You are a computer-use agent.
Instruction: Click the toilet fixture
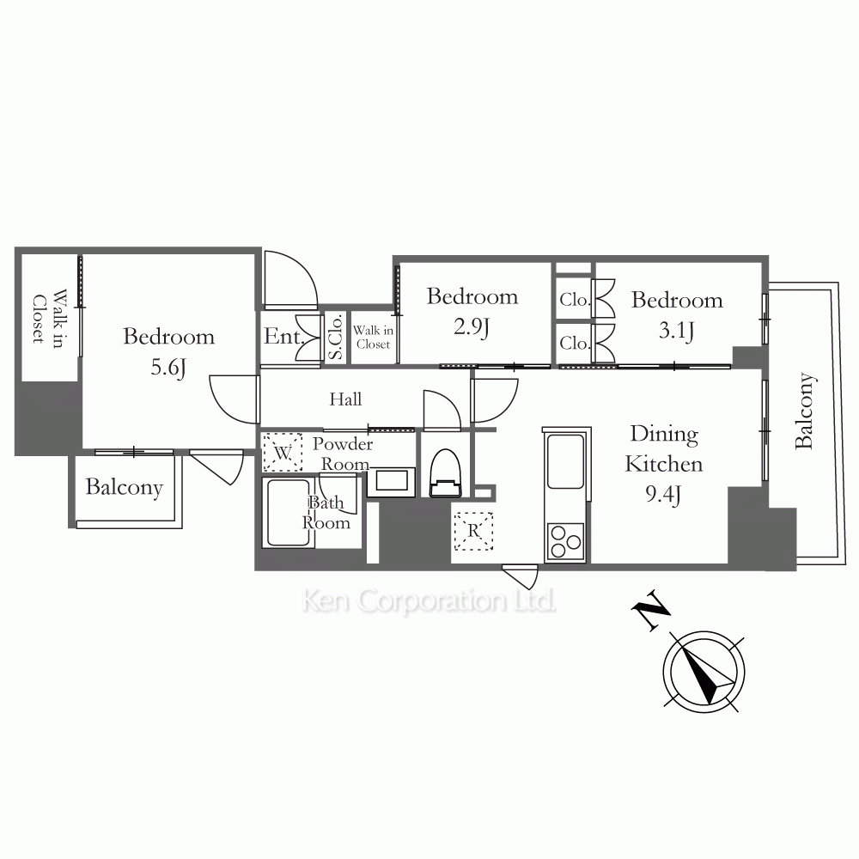(x=445, y=472)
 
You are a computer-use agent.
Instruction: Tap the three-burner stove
(x=565, y=542)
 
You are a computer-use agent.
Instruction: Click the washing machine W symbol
(x=282, y=453)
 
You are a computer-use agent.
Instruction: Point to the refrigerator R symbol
(x=473, y=531)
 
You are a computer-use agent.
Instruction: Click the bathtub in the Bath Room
(x=288, y=513)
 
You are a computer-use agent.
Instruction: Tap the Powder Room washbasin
(x=391, y=482)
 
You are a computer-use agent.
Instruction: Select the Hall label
(x=345, y=399)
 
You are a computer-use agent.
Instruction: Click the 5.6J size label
(x=168, y=368)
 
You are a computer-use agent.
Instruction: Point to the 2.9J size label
(x=471, y=327)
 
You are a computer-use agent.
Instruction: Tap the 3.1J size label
(x=676, y=331)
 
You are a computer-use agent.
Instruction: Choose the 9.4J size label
(x=663, y=495)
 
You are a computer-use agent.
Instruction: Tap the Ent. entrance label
(x=283, y=337)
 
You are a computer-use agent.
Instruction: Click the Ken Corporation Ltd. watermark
(x=429, y=601)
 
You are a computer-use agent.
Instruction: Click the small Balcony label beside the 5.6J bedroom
(x=125, y=487)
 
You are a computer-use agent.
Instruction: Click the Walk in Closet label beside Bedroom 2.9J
(x=373, y=337)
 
